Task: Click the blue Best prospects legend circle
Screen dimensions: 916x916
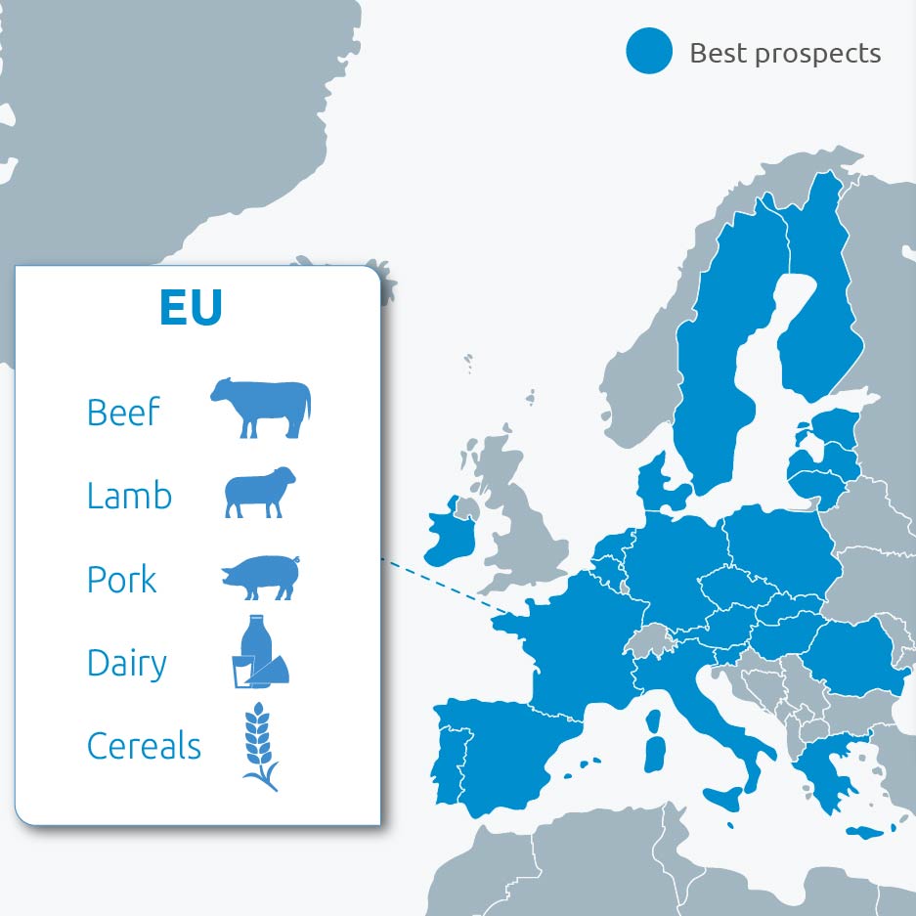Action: click(x=649, y=51)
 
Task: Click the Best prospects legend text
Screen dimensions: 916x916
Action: click(x=785, y=53)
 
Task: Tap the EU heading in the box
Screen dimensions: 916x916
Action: click(x=191, y=307)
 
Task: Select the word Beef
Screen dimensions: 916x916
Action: click(x=123, y=413)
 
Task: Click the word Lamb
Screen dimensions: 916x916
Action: click(x=129, y=496)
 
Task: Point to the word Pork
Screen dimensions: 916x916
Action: click(x=122, y=580)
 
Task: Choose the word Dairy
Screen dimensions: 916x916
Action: click(x=127, y=663)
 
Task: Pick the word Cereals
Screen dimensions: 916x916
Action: click(x=144, y=746)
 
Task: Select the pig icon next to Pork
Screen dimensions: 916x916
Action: click(x=259, y=577)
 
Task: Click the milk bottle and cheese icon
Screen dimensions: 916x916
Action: click(x=261, y=653)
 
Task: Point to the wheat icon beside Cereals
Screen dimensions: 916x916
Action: click(x=260, y=745)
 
